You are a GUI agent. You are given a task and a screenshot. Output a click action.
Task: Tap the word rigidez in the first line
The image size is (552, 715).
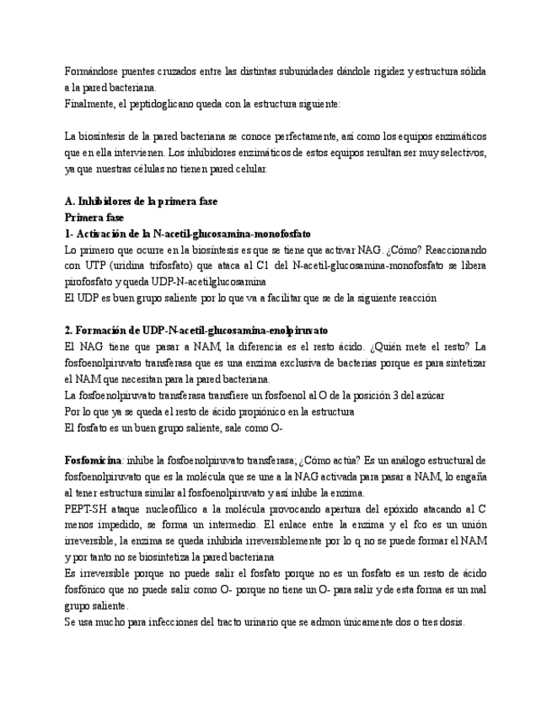[381, 71]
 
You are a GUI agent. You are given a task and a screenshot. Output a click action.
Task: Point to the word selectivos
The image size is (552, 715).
[460, 153]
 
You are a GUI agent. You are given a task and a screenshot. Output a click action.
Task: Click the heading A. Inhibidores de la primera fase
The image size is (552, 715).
[141, 202]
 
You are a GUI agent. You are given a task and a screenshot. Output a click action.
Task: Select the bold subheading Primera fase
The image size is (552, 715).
[94, 217]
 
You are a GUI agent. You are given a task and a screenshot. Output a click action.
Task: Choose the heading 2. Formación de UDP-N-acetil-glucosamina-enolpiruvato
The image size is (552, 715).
[196, 330]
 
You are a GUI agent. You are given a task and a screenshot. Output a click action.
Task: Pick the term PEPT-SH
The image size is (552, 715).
[87, 509]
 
